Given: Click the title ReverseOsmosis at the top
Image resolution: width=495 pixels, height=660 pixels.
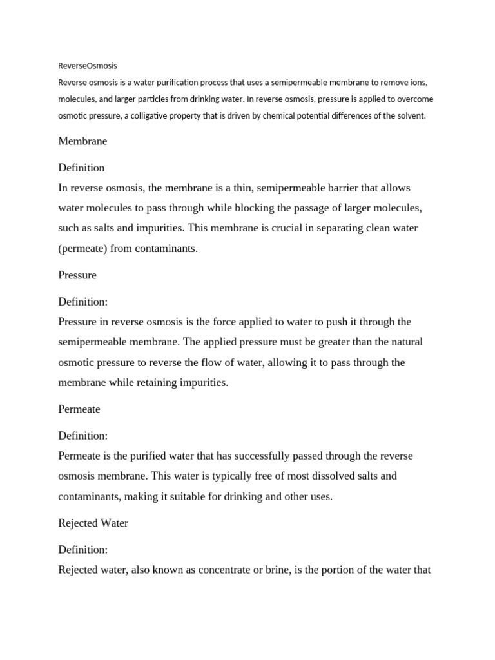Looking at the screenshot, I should tap(88, 66).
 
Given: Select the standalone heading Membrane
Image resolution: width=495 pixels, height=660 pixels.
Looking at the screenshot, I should tap(82, 141).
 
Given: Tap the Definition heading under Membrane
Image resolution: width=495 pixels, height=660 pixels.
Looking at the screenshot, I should tap(81, 168).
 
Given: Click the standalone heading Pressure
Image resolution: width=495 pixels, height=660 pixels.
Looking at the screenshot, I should tap(77, 275).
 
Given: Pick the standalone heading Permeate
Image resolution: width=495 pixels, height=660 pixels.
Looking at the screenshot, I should tap(79, 409).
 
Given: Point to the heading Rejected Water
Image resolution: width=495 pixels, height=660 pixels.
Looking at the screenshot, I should tap(93, 523).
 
